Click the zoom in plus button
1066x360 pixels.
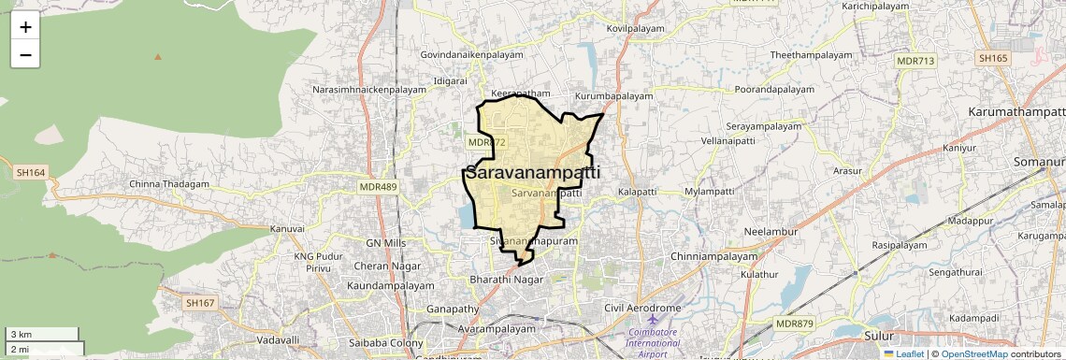pos(25,26)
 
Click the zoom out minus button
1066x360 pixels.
pos(25,54)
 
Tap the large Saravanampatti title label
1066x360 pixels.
pos(532,173)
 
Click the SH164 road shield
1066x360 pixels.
pos(31,172)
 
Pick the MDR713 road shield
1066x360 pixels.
pos(915,61)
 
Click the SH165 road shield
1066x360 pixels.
pos(993,58)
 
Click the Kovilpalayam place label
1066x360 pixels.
pos(635,29)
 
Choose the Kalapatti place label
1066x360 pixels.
pos(638,192)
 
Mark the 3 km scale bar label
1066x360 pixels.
pos(21,335)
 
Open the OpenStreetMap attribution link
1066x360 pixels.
pos(973,354)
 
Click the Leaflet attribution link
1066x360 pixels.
pos(904,354)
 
